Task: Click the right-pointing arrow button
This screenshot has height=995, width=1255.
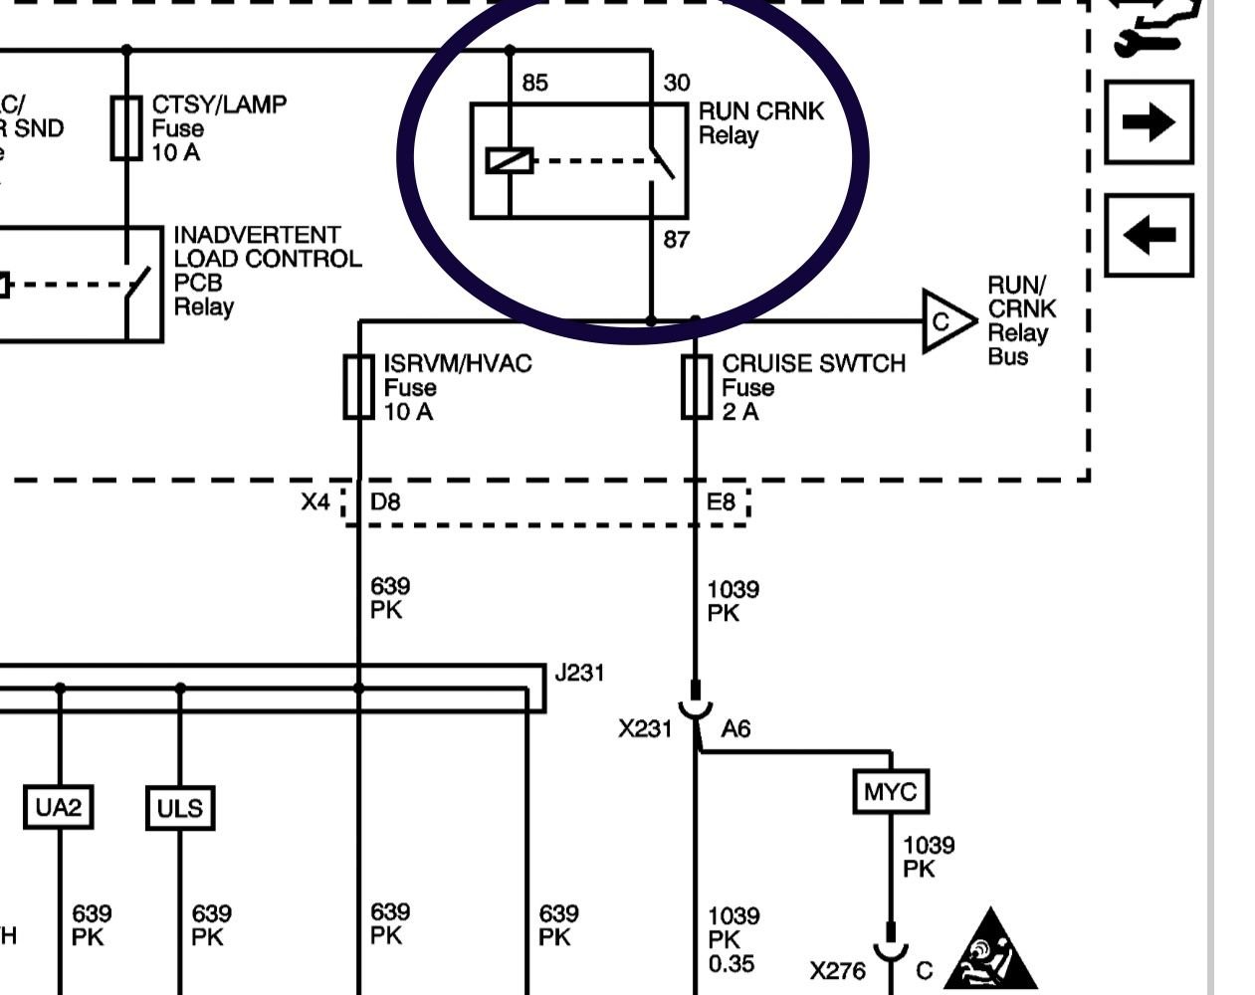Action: [1149, 122]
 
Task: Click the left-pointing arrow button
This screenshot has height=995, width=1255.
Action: [1149, 236]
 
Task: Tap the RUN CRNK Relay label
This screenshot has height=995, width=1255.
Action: [760, 123]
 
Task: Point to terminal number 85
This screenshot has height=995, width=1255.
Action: [534, 83]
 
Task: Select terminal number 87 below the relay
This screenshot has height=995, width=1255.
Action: [676, 240]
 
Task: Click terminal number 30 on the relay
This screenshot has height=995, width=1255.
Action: [676, 83]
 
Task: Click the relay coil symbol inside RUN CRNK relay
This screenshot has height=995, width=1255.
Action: [510, 160]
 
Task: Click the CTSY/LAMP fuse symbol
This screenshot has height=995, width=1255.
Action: [126, 128]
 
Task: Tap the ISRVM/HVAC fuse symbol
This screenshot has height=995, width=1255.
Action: [358, 387]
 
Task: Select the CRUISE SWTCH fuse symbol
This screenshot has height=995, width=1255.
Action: [696, 387]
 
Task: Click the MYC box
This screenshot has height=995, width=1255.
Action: [891, 792]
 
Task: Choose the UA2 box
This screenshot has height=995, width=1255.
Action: [59, 807]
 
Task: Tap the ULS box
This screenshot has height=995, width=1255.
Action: [180, 808]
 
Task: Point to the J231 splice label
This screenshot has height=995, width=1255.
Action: [579, 673]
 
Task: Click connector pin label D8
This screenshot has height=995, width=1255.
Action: [385, 501]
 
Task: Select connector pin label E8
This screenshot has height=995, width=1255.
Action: [721, 501]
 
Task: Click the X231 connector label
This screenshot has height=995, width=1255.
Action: [645, 729]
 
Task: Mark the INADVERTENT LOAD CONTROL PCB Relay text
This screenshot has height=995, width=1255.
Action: [267, 271]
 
